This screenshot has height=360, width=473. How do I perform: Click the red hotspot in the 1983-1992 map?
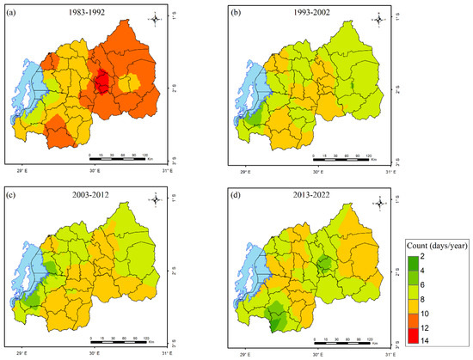tap(101, 82)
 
